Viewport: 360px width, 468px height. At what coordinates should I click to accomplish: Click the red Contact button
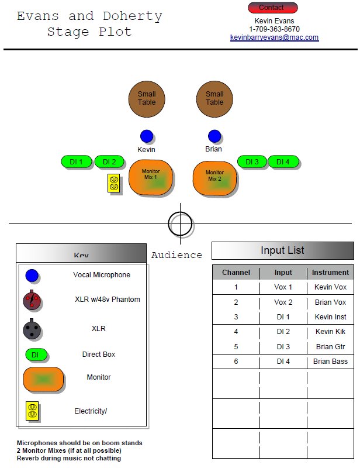click(x=272, y=8)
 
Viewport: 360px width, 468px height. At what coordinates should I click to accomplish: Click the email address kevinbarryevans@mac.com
click(x=274, y=37)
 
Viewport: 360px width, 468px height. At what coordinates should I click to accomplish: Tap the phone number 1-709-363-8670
click(x=274, y=29)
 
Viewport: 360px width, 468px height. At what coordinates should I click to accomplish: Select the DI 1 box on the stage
click(x=77, y=162)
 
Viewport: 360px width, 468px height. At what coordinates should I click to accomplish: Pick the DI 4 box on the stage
click(x=283, y=162)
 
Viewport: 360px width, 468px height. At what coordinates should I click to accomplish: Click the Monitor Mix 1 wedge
click(x=151, y=177)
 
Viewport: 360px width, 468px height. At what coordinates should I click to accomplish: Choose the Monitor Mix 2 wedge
click(x=214, y=177)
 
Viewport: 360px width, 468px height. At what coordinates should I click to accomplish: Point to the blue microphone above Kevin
click(x=147, y=136)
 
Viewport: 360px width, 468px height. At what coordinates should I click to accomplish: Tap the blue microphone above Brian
click(x=214, y=136)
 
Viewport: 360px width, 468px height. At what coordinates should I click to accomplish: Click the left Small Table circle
click(x=147, y=98)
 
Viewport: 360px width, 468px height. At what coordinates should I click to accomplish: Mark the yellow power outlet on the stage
click(x=114, y=184)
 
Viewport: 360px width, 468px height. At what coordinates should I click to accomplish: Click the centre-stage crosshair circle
click(x=180, y=223)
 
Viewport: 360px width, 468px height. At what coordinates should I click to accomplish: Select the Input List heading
click(x=282, y=250)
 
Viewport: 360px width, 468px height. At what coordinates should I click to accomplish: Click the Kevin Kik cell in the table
click(x=330, y=332)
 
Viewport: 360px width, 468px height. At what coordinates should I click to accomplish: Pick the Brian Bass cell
click(x=330, y=362)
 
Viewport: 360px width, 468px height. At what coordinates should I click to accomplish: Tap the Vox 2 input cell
click(x=283, y=302)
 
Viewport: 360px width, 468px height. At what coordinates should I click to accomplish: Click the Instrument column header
click(x=330, y=273)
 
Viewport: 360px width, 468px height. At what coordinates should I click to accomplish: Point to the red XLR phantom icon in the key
click(x=32, y=301)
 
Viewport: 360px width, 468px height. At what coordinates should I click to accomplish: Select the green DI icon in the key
click(x=36, y=355)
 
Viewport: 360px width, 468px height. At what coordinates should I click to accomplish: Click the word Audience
click(x=176, y=255)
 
